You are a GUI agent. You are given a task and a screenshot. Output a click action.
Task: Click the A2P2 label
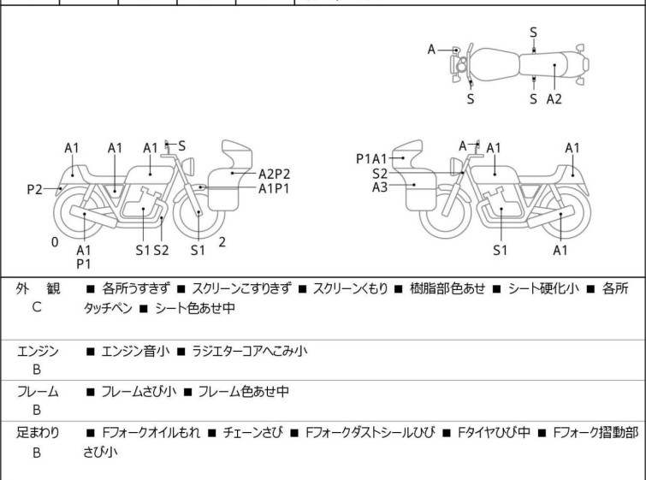274,173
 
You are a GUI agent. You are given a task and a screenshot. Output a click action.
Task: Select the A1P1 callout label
274,188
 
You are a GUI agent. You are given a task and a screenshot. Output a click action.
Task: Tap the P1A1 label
372,158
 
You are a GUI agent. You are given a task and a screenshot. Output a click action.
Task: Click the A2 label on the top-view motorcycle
554,98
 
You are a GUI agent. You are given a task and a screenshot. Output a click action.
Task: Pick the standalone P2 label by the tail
34,189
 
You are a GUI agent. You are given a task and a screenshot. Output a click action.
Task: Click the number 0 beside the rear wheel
54,242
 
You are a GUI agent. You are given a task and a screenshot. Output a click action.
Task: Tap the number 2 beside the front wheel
222,242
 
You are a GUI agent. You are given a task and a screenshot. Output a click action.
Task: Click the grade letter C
36,307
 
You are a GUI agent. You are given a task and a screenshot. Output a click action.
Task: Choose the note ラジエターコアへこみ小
248,350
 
